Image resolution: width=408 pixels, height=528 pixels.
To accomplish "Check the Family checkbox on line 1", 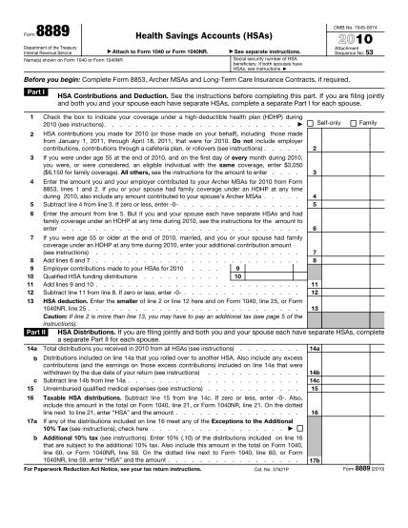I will tap(357, 150).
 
